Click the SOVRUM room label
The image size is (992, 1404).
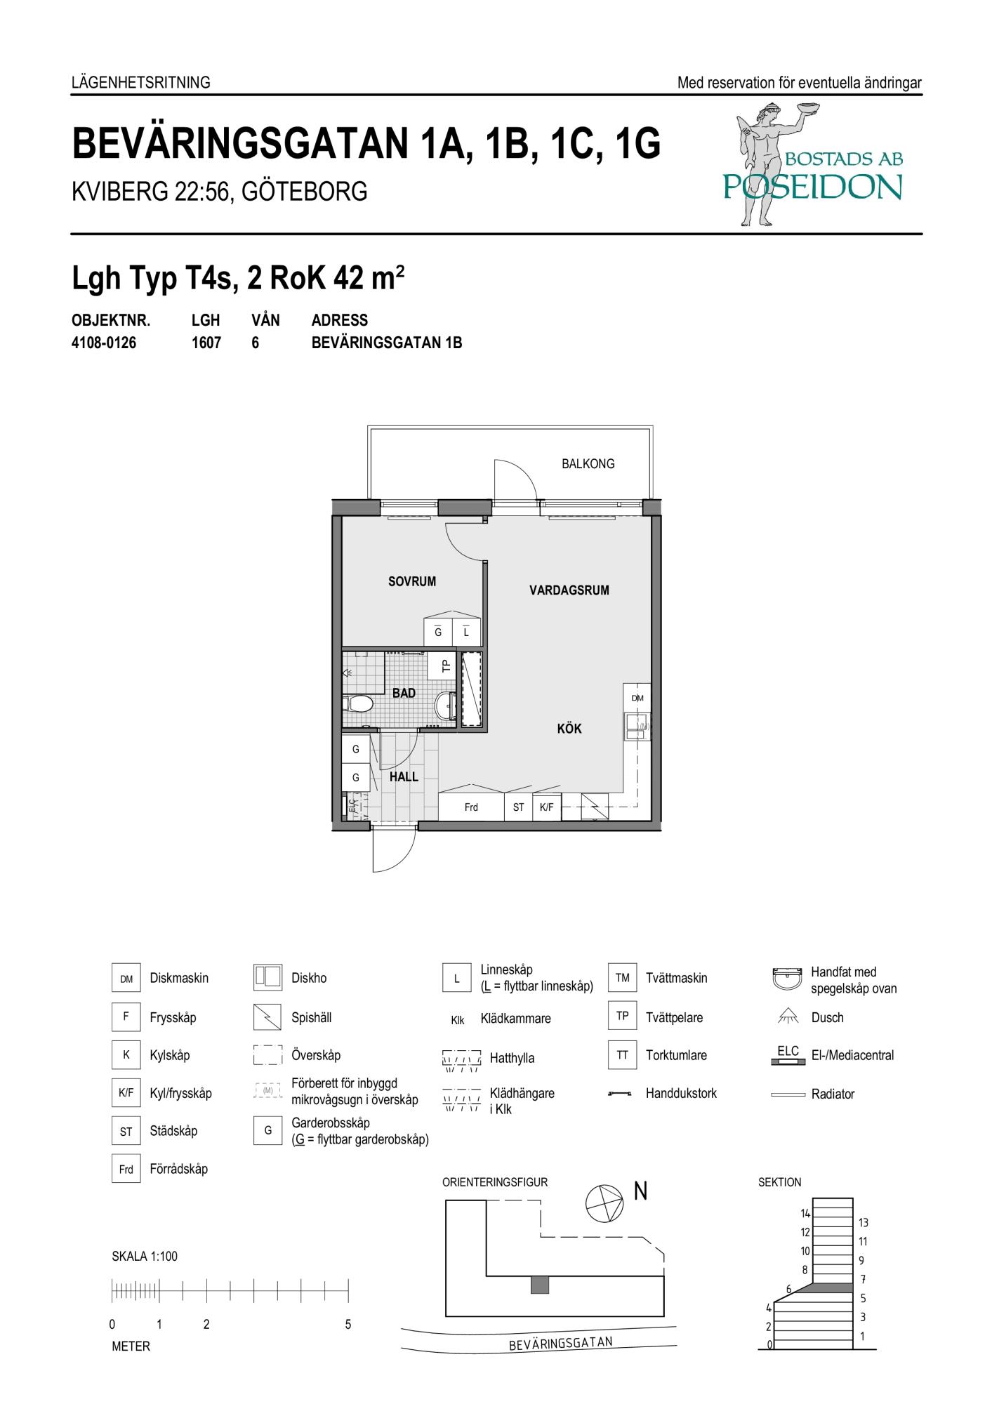(x=412, y=581)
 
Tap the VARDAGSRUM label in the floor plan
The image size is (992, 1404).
(x=569, y=590)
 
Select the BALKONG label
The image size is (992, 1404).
(x=588, y=463)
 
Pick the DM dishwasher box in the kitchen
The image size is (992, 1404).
(x=637, y=698)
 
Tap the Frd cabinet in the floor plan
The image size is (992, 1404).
(x=471, y=807)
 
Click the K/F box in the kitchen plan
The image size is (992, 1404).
(x=546, y=807)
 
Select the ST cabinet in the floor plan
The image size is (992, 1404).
(x=518, y=807)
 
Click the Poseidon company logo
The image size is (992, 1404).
(x=813, y=163)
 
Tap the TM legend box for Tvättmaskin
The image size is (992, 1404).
(x=623, y=978)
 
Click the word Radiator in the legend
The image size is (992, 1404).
(x=833, y=1094)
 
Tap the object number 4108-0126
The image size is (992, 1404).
(x=104, y=343)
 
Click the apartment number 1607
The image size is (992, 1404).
(x=206, y=343)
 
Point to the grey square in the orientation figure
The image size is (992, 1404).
(x=539, y=1285)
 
